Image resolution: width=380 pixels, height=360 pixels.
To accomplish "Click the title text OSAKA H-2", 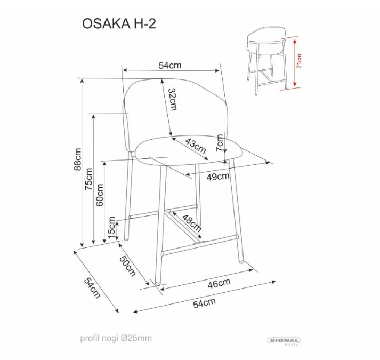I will pos(119,23).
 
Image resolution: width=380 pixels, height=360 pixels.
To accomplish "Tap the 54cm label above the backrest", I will pos(170,65).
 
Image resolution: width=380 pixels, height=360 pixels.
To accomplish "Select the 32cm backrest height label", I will pos(172,99).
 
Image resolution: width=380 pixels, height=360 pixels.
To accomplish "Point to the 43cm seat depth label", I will pos(196,145).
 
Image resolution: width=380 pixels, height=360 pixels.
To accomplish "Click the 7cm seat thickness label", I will pos(220,143).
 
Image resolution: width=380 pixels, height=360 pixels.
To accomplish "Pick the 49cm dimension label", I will pos(218,177).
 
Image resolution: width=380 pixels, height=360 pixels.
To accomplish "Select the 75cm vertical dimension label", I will pos(89,179).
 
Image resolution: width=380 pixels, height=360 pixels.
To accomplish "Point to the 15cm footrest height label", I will pos(111,228).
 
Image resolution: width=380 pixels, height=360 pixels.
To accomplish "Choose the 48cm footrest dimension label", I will pos(192,223).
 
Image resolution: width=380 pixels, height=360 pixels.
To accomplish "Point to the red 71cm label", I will pos(299,61).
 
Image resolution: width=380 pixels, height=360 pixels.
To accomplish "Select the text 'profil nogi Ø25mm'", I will pos(116,338).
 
